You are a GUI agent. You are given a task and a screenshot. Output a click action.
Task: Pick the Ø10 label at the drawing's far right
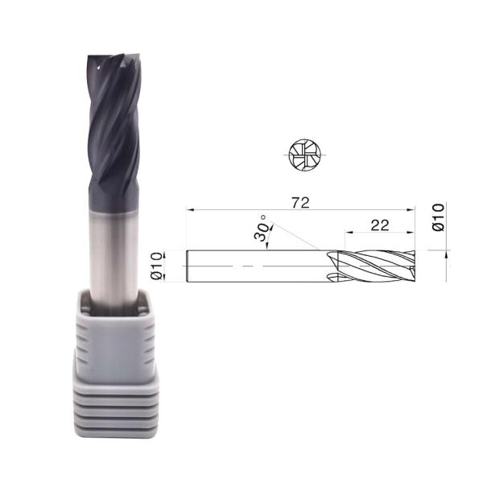439,218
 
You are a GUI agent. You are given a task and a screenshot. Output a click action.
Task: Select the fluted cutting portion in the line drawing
375,266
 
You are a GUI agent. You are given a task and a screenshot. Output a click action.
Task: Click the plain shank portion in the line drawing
258,266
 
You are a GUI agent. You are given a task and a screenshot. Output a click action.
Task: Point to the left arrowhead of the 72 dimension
190,210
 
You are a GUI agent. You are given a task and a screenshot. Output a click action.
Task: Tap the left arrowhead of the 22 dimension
349,233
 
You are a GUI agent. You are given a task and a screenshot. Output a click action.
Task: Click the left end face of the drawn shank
188,266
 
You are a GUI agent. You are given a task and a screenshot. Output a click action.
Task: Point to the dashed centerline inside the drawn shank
242,266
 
